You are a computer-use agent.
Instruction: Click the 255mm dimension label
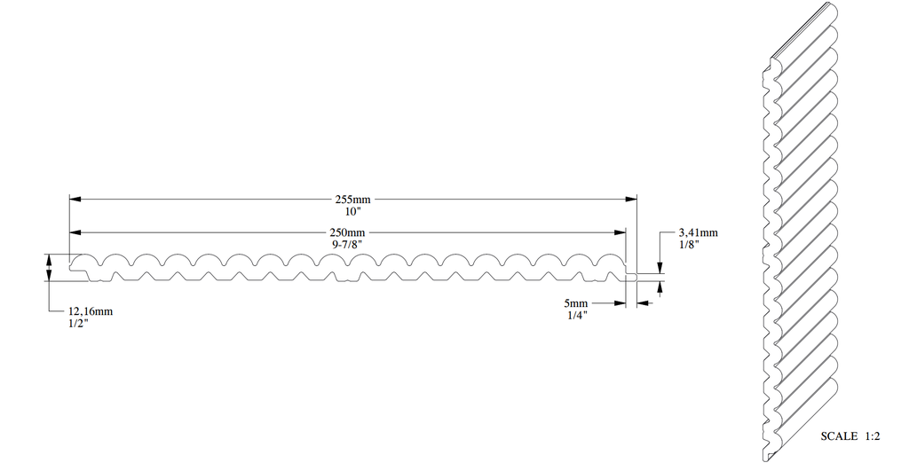[x=353, y=200]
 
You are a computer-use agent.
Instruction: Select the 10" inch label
[x=353, y=211]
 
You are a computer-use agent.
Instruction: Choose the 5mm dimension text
[x=577, y=302]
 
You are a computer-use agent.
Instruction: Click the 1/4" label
[x=577, y=314]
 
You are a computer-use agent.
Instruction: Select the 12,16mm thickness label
[x=91, y=311]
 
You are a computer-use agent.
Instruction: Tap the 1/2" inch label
[x=78, y=323]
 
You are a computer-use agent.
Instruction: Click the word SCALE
[x=839, y=436]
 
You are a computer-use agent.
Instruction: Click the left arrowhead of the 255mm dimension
[x=75, y=198]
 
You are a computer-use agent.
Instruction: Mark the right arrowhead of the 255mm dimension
[x=632, y=198]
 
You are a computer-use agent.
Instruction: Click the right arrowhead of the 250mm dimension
[x=621, y=232]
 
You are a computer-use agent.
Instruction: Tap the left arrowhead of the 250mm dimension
[x=75, y=232]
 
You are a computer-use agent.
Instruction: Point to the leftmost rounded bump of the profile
[x=87, y=261]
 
